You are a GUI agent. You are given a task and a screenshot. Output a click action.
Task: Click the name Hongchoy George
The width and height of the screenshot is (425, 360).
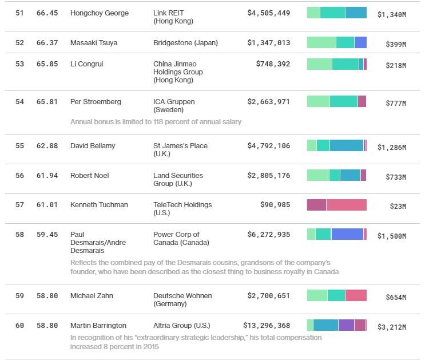(99, 13)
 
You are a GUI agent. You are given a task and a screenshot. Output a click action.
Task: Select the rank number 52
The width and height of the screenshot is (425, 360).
(20, 43)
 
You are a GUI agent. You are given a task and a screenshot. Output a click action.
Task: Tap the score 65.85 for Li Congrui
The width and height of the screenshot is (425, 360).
(47, 65)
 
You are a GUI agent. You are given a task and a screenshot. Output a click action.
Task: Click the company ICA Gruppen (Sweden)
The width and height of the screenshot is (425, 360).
(174, 106)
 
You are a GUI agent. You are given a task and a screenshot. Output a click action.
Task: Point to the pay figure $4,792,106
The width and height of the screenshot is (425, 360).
(268, 146)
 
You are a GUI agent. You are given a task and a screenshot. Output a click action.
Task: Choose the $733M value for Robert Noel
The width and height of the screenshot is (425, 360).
(395, 177)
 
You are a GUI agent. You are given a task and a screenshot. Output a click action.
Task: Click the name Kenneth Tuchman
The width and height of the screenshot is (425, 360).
(99, 205)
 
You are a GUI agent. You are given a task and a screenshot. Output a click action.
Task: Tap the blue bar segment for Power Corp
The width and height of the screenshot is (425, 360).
(347, 234)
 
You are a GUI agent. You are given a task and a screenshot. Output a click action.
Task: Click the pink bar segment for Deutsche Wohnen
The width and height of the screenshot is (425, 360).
(356, 295)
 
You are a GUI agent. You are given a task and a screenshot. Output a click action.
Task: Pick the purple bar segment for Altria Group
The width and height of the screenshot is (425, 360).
(346, 325)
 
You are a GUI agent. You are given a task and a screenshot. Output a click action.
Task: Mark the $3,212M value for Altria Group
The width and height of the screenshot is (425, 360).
(391, 327)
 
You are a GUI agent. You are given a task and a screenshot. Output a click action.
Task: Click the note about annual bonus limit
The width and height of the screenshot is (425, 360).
(156, 122)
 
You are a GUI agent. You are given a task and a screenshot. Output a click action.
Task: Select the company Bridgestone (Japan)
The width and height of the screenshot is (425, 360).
(185, 43)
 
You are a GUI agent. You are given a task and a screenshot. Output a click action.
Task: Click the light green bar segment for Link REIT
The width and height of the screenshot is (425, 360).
(313, 13)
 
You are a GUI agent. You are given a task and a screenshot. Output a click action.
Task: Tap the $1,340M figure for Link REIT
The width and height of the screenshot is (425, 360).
(391, 15)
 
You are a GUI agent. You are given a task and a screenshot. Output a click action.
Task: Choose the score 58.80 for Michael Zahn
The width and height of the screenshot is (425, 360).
(47, 296)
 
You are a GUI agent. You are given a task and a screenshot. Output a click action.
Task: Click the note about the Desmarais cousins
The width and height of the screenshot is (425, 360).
(204, 267)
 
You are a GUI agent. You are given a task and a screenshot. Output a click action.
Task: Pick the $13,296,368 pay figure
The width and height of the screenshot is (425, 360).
(267, 326)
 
